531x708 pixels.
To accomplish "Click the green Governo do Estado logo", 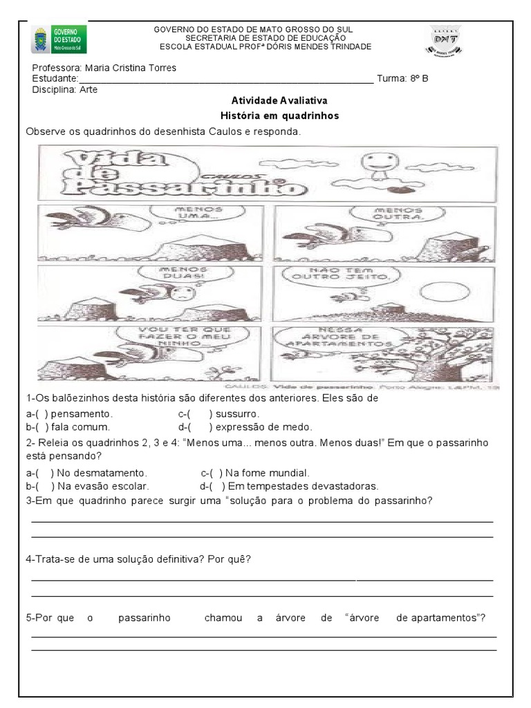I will click(59, 40).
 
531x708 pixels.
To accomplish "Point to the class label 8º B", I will click(418, 79).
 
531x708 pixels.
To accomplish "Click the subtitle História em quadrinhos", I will click(279, 115).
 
